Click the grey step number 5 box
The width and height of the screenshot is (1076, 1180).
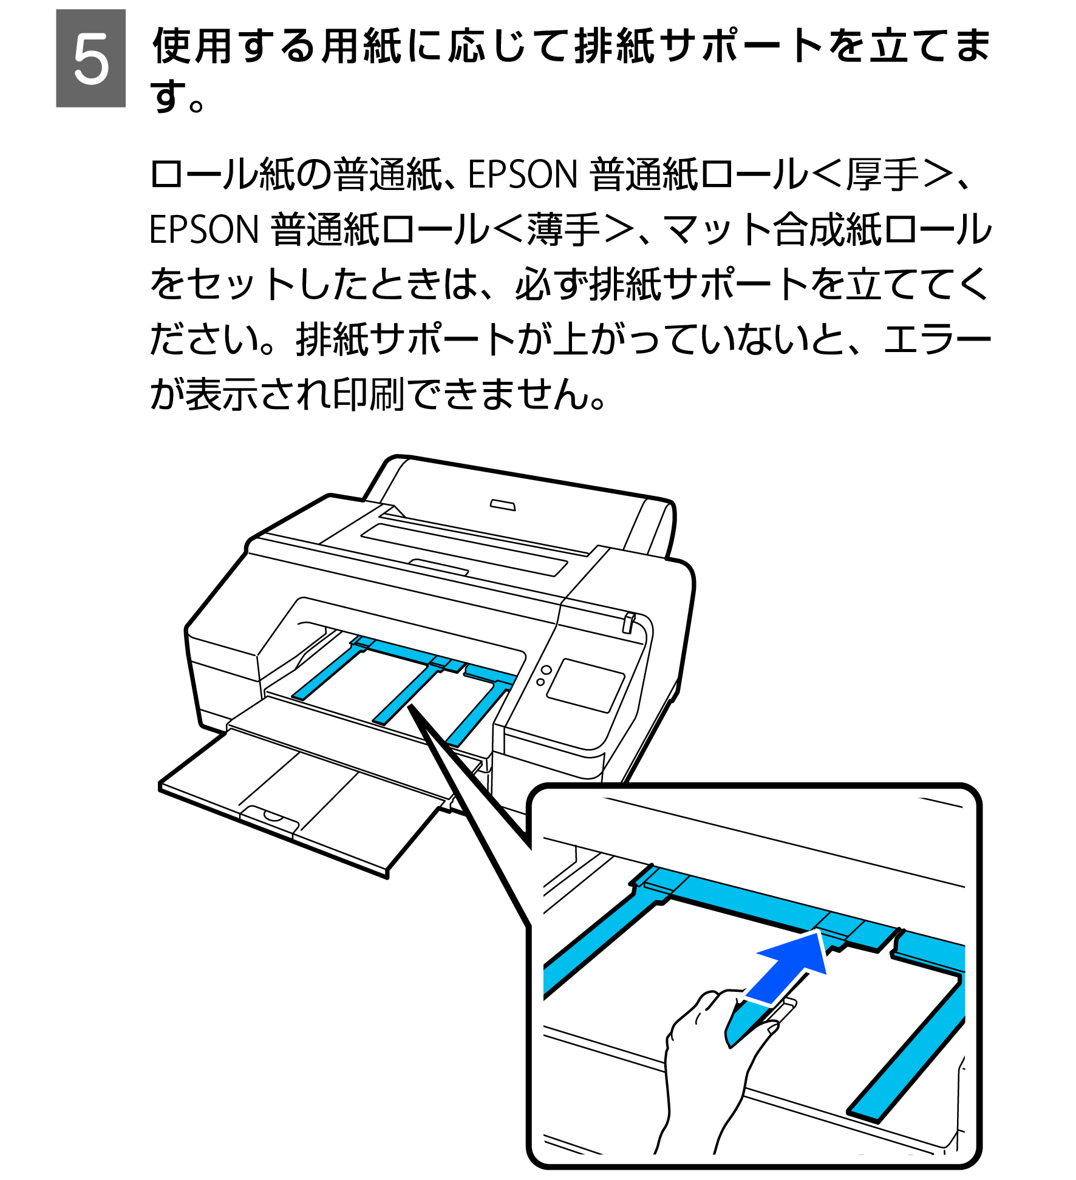coord(90,58)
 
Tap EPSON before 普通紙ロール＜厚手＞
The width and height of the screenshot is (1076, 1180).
coord(522,175)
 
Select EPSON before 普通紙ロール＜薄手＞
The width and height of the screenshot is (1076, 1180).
coord(204,230)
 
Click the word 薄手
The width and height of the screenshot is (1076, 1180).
coord(563,230)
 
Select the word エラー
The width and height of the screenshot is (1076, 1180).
coord(936,339)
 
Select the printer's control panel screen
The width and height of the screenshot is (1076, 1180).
coord(585,685)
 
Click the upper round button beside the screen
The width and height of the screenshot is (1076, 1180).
coord(546,670)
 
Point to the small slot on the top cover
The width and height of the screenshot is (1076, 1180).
coord(503,505)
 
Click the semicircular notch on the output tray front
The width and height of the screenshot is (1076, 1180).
coord(273,815)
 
